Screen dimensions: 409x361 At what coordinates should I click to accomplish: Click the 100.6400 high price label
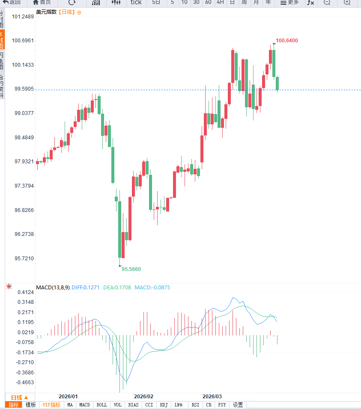(x=287, y=41)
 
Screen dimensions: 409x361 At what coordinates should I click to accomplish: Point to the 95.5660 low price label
(x=131, y=269)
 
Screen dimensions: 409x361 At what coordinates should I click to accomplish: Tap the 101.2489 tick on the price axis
(x=23, y=17)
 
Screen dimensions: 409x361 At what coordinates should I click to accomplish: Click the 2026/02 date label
(x=143, y=397)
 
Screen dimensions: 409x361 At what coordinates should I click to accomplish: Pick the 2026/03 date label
(x=212, y=397)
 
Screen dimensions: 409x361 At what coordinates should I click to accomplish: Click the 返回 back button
(x=12, y=3)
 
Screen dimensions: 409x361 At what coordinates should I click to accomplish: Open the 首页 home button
(x=42, y=3)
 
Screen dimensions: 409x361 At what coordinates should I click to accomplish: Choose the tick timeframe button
(x=136, y=3)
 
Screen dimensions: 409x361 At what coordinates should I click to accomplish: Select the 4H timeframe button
(x=220, y=3)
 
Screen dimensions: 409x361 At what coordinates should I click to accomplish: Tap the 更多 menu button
(x=289, y=3)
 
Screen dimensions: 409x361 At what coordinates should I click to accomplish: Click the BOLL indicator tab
(x=102, y=405)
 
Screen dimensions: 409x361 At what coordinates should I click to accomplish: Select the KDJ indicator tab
(x=164, y=405)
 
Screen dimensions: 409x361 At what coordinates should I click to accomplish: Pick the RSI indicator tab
(x=195, y=405)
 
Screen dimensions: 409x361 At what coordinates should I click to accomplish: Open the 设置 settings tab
(x=238, y=405)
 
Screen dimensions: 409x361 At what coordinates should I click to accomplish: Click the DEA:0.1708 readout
(x=117, y=288)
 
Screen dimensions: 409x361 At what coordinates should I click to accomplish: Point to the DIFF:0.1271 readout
(x=85, y=288)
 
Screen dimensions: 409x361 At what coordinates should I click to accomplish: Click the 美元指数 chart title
(x=46, y=12)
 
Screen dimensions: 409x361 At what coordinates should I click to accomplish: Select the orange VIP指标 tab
(x=51, y=405)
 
